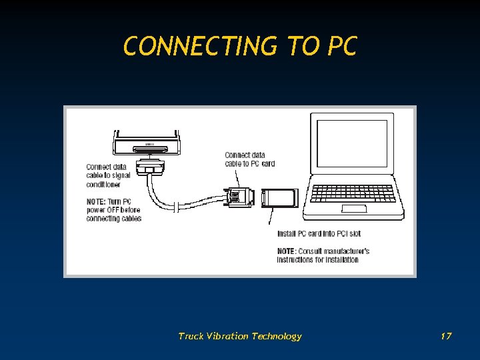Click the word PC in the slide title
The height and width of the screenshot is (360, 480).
pos(341,47)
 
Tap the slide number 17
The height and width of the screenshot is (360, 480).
pos(446,336)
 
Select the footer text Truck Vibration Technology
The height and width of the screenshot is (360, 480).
pos(240,336)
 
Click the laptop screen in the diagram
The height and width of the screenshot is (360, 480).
pos(351,143)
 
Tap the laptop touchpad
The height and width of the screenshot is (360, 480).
pos(354,209)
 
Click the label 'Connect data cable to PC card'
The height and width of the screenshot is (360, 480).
pos(249,159)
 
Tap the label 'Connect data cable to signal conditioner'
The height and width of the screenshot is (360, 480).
pos(107,175)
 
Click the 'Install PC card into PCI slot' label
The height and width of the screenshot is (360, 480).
pos(319,234)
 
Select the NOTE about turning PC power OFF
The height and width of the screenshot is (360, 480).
pos(113,210)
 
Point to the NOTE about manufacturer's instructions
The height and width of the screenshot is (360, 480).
pos(323,255)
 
